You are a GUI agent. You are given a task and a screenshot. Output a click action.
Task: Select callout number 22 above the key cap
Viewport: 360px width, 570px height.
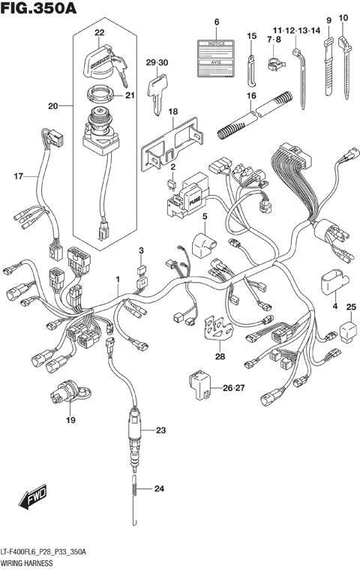[100, 32]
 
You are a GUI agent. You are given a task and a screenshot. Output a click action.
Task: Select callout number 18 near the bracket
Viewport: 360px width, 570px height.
[173, 112]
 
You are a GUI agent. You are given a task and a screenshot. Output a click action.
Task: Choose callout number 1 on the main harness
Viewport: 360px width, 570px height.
[117, 280]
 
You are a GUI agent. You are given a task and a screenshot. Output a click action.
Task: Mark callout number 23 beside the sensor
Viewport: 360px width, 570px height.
[160, 430]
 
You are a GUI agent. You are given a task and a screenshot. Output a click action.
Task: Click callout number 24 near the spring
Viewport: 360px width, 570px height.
[159, 490]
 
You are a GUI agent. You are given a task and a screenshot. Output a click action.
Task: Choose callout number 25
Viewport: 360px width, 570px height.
[349, 306]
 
